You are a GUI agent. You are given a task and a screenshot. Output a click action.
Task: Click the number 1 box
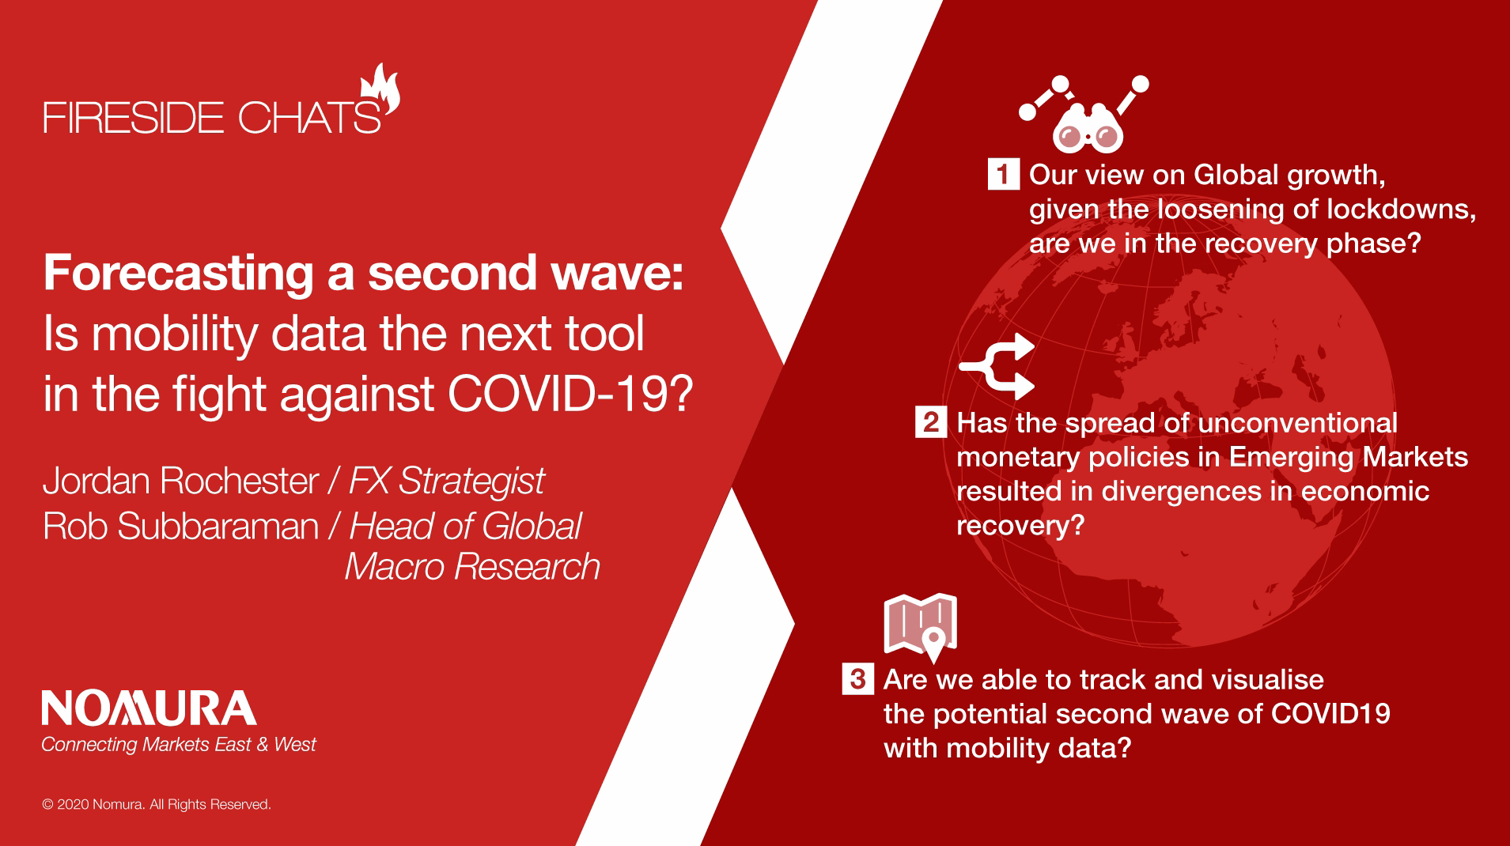(x=1003, y=174)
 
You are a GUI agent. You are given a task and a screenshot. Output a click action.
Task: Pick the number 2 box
(x=931, y=421)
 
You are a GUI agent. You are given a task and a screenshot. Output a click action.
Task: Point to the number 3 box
(x=858, y=678)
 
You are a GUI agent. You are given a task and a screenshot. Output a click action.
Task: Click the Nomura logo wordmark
(x=149, y=708)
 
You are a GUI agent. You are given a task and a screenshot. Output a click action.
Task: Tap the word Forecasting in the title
(x=179, y=274)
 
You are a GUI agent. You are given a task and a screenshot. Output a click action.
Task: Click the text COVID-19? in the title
(x=570, y=393)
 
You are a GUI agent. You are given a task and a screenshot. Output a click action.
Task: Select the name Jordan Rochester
(x=181, y=481)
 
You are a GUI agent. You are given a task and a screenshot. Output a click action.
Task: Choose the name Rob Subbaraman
(x=181, y=527)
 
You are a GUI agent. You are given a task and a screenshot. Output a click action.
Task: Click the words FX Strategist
(x=447, y=481)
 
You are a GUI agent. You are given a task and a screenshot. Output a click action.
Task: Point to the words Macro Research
(x=472, y=567)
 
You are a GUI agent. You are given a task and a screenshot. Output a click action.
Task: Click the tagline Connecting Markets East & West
(x=179, y=745)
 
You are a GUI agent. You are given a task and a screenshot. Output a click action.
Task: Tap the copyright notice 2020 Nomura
(x=157, y=804)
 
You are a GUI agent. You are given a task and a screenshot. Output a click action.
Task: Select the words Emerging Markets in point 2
(x=1349, y=458)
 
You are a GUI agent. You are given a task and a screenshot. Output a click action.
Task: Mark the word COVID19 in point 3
(x=1330, y=714)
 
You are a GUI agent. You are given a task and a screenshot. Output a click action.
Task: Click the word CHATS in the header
(x=309, y=118)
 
